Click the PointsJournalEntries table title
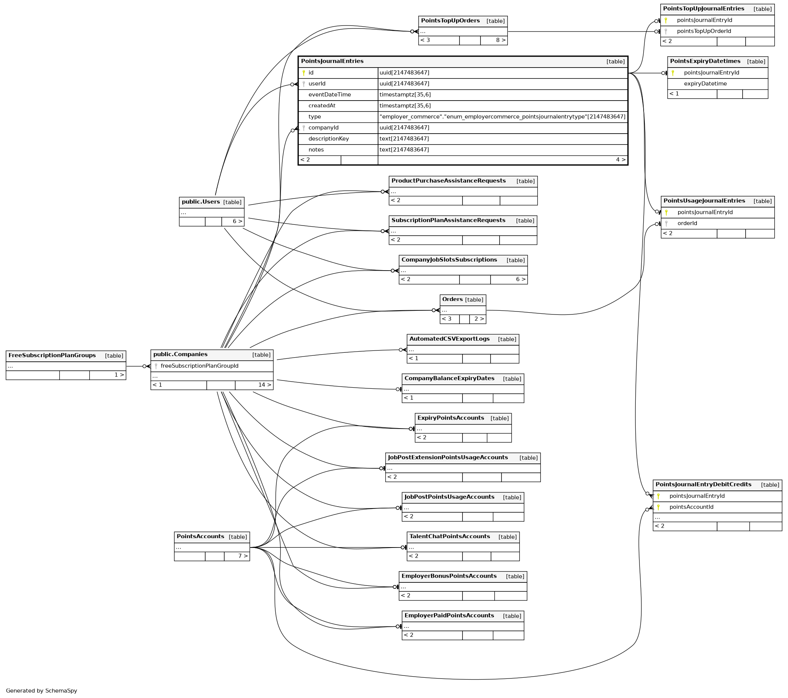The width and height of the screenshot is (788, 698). click(x=332, y=61)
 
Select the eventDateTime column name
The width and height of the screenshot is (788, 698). click(x=329, y=95)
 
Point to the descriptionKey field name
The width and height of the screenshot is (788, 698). click(x=329, y=139)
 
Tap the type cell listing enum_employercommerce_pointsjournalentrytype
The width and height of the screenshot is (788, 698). click(x=502, y=117)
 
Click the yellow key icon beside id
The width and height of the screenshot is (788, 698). click(x=304, y=73)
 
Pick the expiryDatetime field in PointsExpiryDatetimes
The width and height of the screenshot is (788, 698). click(x=705, y=84)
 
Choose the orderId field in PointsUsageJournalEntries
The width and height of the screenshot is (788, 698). click(x=687, y=223)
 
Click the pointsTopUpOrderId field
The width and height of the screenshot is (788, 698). click(x=704, y=31)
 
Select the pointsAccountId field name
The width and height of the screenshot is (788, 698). click(x=691, y=507)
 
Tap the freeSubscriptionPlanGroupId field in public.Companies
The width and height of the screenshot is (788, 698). click(x=199, y=366)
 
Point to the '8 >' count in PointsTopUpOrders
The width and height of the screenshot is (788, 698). click(x=500, y=40)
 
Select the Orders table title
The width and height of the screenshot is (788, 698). click(x=452, y=299)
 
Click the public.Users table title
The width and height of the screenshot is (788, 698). click(x=201, y=202)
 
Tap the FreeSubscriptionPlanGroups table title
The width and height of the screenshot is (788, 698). click(x=52, y=355)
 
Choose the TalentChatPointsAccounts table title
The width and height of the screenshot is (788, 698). click(x=450, y=536)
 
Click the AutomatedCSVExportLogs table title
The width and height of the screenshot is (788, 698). click(x=449, y=339)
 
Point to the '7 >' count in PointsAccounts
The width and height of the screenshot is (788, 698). click(x=243, y=556)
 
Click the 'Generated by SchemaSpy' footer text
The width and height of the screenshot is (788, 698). click(x=42, y=690)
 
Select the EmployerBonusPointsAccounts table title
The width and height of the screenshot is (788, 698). click(x=449, y=576)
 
